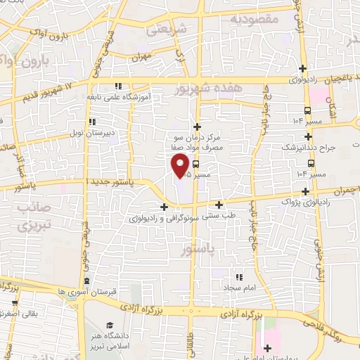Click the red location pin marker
(180, 166)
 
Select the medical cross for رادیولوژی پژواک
(304, 191)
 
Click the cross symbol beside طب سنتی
(219, 205)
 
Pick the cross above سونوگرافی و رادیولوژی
(164, 207)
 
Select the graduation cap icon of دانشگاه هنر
(110, 324)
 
